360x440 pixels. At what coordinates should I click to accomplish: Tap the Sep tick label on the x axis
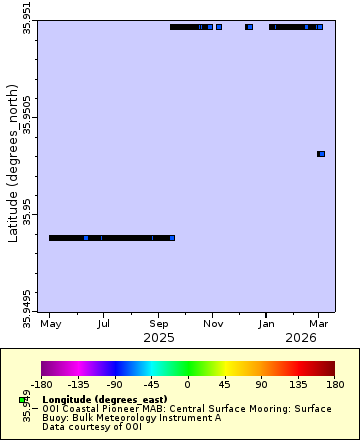159,324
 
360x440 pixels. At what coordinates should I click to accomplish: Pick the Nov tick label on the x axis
213,324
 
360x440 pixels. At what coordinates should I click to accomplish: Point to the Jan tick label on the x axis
266,324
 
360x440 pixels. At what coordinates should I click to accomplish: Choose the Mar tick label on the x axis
319,324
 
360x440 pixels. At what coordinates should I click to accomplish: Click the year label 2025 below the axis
159,338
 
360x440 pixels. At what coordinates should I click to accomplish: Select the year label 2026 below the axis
301,338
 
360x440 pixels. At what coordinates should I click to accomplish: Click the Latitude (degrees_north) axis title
13,165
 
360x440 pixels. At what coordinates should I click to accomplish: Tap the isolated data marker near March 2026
321,154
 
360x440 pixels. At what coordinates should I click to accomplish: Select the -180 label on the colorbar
42,383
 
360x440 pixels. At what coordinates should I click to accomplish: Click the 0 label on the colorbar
187,383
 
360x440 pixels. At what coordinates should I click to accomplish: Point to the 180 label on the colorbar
333,383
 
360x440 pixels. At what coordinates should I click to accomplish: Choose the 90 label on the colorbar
260,383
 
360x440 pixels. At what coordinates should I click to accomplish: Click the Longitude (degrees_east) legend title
96,399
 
